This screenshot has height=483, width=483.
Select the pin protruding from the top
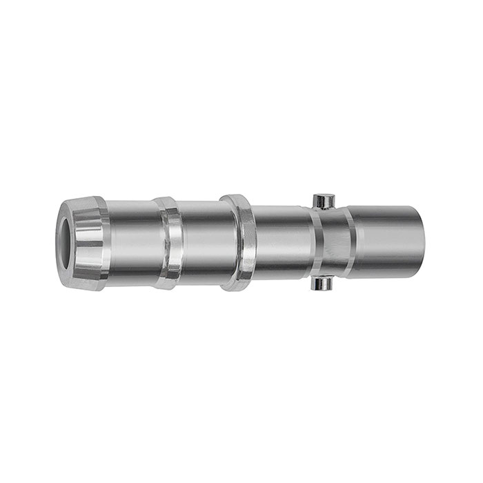pos(323,201)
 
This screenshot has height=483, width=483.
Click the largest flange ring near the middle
pos(239,241)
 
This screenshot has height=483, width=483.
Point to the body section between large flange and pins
pos(279,241)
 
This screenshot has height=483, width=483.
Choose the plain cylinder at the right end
pos(386,241)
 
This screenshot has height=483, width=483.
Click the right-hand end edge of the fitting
pos(423,241)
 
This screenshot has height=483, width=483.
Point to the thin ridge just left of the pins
pos(314,241)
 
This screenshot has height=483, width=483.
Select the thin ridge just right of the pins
pos(349,241)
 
